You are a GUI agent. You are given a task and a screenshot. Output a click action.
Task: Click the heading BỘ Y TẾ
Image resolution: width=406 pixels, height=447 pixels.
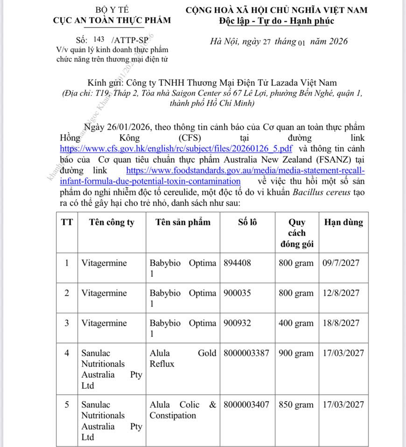[x=112, y=9]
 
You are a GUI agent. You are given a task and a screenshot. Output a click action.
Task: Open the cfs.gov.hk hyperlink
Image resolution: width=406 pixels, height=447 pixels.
[x=176, y=148]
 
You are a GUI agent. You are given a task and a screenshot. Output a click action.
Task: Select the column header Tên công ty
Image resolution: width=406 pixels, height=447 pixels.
[x=112, y=223]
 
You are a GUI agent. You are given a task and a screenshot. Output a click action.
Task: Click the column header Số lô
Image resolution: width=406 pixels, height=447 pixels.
[x=247, y=223]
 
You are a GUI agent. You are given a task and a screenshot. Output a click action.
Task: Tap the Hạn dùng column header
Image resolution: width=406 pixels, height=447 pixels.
[x=343, y=223]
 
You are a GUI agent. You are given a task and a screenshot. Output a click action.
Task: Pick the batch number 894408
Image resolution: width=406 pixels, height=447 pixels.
[x=238, y=263]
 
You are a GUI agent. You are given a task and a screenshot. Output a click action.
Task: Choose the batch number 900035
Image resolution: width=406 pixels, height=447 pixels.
[x=238, y=293]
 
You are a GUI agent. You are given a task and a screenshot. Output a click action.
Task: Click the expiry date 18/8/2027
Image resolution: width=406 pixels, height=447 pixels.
[x=341, y=323]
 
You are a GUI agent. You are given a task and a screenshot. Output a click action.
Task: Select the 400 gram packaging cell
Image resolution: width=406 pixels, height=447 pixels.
[x=296, y=323]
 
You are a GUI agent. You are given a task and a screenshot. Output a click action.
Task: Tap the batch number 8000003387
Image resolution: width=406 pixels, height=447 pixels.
[x=246, y=353]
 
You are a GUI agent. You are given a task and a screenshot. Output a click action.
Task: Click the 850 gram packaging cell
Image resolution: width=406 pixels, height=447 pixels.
[x=296, y=405]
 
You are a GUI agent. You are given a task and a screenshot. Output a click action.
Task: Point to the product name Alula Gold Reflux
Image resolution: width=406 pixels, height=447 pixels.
[x=182, y=358]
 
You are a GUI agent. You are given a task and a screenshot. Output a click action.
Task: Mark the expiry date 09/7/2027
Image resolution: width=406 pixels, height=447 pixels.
[x=341, y=263]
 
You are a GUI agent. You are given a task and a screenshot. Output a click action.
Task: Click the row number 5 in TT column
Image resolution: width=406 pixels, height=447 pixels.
[x=67, y=405]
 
